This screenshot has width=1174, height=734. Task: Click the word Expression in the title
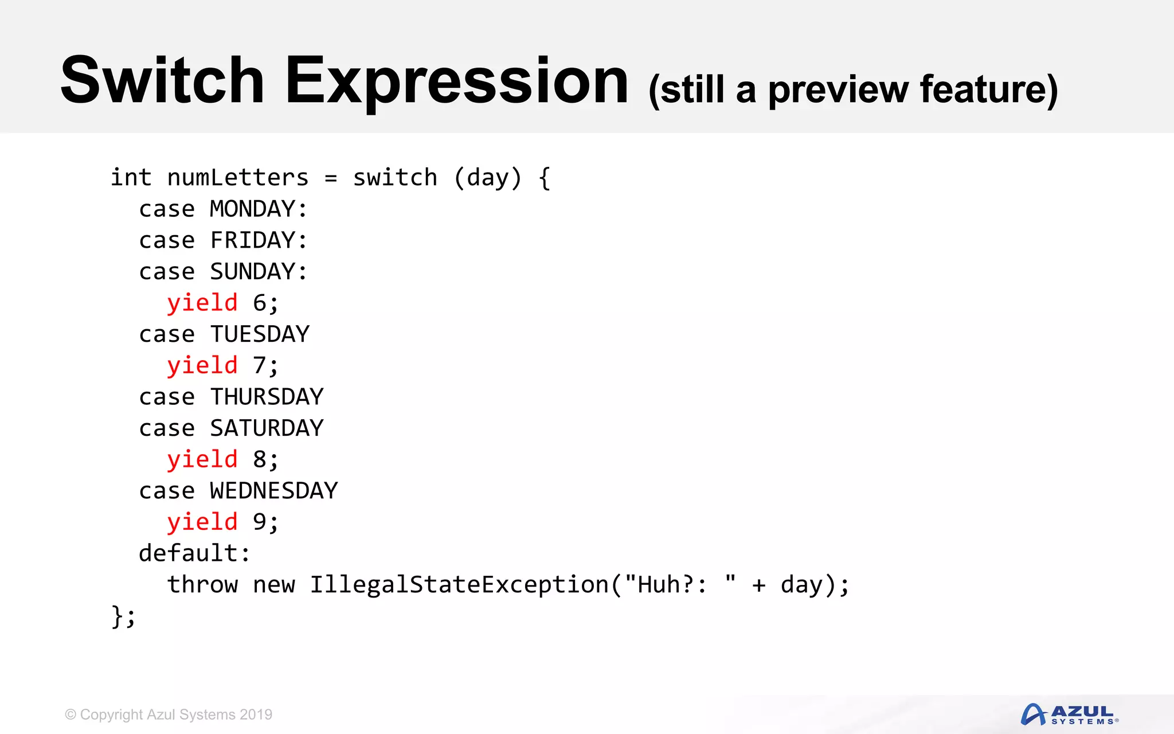457,81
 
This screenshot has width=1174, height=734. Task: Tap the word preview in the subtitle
838,90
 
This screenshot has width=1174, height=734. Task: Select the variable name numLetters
238,178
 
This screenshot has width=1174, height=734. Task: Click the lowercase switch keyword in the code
395,178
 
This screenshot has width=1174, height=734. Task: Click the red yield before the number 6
202,303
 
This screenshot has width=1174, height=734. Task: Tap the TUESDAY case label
260,334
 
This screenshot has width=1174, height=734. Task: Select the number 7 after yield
260,365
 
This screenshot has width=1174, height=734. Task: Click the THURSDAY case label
267,397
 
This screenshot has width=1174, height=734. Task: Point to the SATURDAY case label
267,428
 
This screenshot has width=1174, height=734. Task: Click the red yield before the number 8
202,459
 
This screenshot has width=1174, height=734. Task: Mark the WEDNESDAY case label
274,491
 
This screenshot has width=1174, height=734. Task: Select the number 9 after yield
260,522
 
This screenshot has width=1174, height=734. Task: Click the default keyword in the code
189,553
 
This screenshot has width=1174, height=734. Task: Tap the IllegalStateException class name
459,585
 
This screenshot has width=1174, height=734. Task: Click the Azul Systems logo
1069,715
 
